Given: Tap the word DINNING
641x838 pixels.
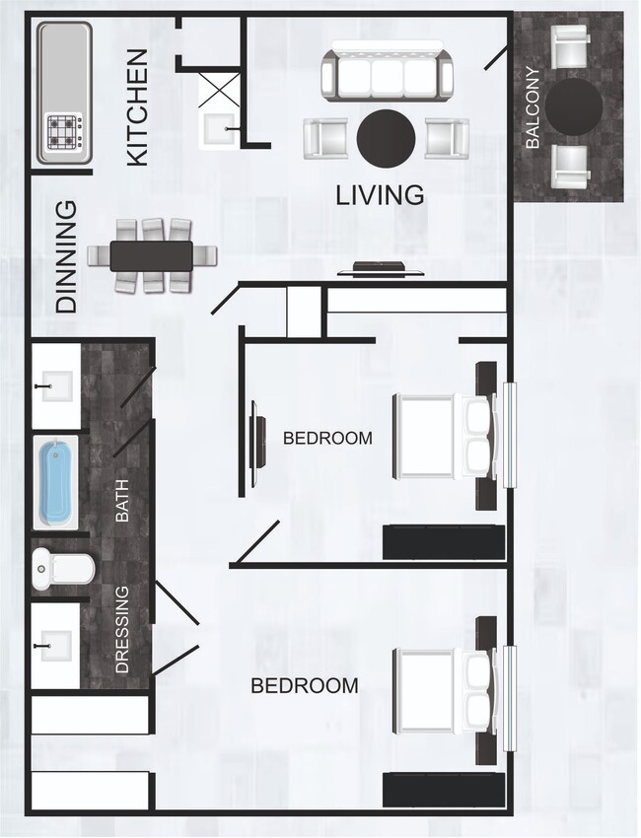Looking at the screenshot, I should (x=66, y=256).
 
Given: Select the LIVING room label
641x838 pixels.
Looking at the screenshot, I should (x=381, y=195).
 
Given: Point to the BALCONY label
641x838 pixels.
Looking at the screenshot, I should (x=533, y=106).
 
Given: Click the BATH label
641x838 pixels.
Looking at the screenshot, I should (x=122, y=500).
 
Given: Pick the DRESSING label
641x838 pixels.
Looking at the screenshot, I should (x=122, y=629).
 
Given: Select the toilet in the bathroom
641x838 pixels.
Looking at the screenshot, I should (x=61, y=568).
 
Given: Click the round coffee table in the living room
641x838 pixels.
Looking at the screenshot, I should (x=386, y=137).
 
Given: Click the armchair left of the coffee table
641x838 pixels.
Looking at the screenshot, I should (x=324, y=138).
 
